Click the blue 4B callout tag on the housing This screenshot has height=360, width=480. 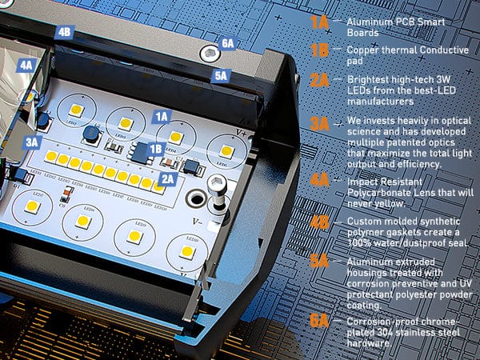65,32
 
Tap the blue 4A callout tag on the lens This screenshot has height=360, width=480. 27,65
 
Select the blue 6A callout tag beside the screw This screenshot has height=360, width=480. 227,43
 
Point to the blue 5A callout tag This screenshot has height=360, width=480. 221,76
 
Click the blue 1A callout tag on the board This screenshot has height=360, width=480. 162,116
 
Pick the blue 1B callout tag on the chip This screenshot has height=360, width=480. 156,148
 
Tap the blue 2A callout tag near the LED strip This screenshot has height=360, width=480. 167,178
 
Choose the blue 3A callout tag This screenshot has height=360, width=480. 33,142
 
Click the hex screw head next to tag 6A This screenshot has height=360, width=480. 209,54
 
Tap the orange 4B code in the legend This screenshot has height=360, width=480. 320,221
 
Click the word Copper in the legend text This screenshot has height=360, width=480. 364,50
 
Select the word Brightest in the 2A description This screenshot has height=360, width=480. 368,80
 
